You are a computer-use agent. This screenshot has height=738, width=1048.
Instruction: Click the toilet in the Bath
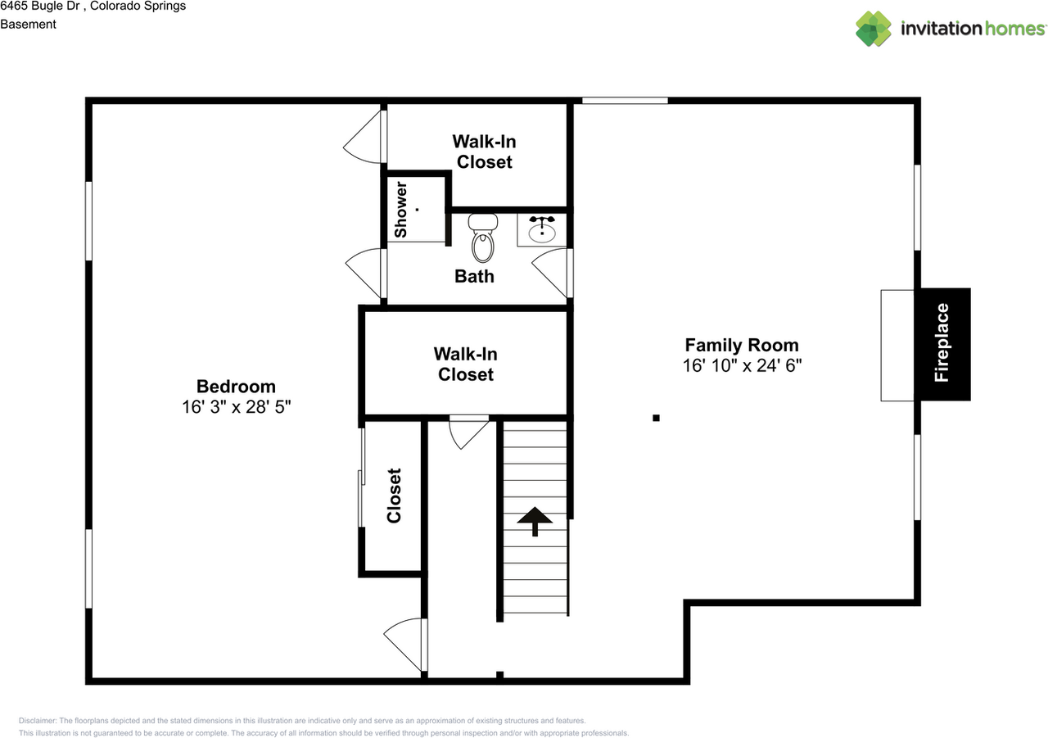pos(483,238)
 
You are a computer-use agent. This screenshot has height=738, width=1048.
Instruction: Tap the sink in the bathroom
pos(542,231)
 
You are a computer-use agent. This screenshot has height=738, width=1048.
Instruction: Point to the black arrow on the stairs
pos(535,521)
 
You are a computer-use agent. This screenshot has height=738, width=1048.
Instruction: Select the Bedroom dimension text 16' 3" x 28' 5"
pos(237,407)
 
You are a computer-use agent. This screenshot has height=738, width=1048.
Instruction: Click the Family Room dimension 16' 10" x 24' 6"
pos(742,365)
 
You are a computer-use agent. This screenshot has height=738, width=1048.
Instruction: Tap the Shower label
pos(401,210)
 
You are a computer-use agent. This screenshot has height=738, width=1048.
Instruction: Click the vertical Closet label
pos(394,496)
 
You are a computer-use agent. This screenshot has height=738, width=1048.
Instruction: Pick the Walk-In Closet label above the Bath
pos(484,152)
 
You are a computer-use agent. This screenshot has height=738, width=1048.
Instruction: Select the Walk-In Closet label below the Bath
pos(466,364)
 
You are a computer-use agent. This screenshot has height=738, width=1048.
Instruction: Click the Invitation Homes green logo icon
pos(874,29)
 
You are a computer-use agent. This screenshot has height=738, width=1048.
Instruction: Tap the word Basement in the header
pos(28,25)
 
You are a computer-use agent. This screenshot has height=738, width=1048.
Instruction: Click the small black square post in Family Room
pos(656,418)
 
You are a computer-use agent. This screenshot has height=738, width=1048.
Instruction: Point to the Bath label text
pos(474,277)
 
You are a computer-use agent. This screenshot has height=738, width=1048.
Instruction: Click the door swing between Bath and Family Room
pos(552,274)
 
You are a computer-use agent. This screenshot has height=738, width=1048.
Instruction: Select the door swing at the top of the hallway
pos(469,432)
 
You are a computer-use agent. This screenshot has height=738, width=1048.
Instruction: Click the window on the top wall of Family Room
pos(625,101)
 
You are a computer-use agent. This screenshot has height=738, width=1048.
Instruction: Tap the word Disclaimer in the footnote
pos(38,721)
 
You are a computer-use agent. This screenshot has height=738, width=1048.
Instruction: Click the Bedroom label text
pos(237,387)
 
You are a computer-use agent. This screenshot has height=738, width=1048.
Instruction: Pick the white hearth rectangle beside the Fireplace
pos(897,346)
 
